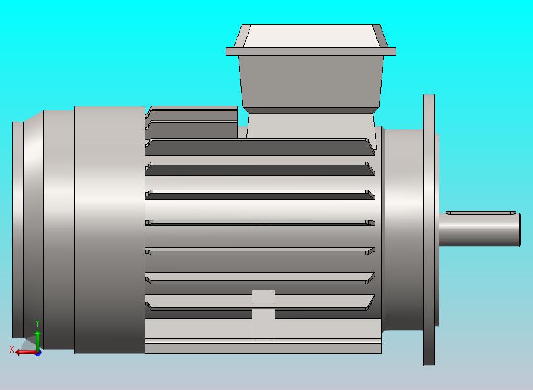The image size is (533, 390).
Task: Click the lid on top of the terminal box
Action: [310, 36]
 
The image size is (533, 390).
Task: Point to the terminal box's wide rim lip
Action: [310, 52]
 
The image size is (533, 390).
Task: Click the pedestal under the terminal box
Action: [310, 126]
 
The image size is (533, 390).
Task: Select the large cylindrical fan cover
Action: [110, 230]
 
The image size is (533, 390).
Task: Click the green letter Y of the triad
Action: [37, 324]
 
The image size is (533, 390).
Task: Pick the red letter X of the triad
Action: [12, 350]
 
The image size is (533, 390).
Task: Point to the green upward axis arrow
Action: [37, 339]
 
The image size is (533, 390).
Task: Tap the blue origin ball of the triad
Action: [38, 353]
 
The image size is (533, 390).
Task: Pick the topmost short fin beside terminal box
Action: [193, 110]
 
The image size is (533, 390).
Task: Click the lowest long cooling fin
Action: [261, 302]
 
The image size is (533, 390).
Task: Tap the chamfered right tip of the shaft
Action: [519, 230]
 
